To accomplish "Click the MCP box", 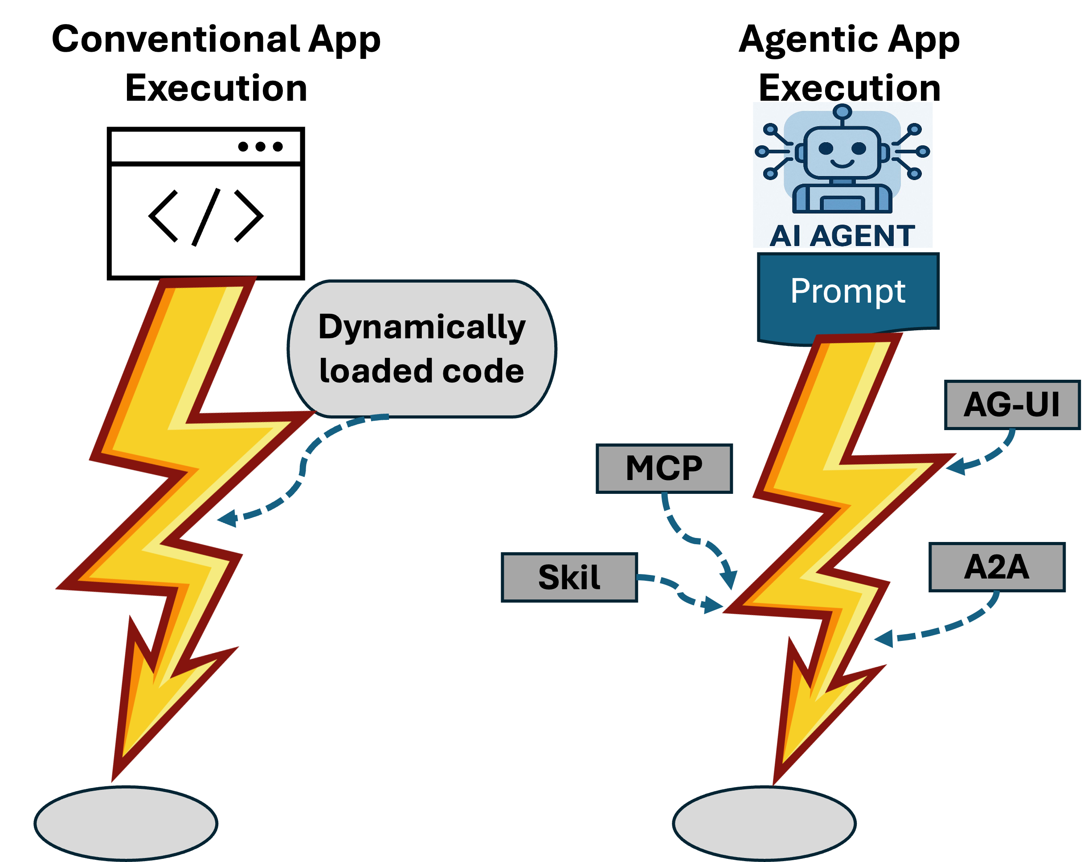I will (x=664, y=468).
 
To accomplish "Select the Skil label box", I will (x=569, y=577).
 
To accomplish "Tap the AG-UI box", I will (x=1012, y=405).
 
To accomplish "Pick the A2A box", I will (x=997, y=567).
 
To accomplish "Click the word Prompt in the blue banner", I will (x=848, y=291).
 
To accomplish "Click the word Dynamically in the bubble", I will (x=422, y=328).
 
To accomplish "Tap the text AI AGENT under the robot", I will (x=842, y=235).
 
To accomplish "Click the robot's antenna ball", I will (x=842, y=111).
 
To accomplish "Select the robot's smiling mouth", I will (x=842, y=164).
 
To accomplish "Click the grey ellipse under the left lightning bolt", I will (x=126, y=823).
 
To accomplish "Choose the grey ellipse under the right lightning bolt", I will (x=764, y=823).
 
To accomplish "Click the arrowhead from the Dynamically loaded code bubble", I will (x=226, y=518).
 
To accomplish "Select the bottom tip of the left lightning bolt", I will (x=113, y=780).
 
